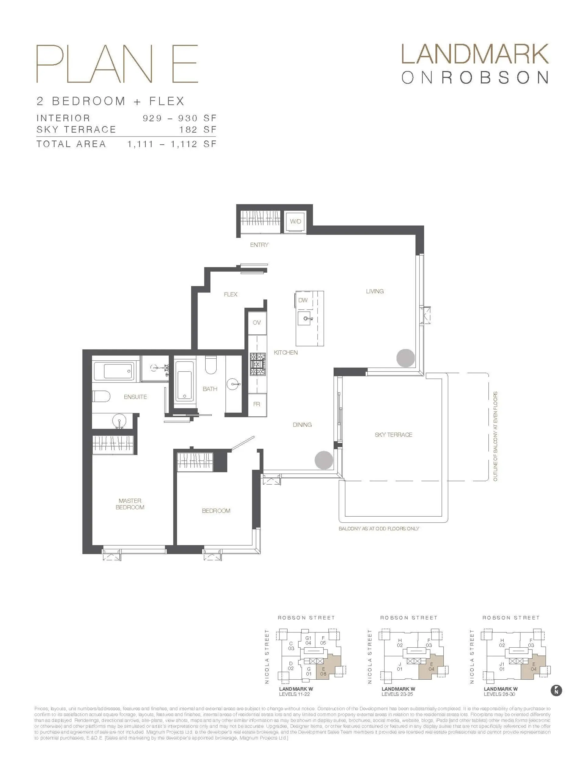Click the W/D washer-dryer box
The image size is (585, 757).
click(296, 221)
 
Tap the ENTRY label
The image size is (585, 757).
click(259, 245)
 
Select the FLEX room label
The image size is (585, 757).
click(230, 294)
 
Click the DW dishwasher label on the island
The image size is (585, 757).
click(303, 300)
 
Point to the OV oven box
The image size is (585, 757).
click(257, 323)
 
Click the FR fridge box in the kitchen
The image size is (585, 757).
click(257, 404)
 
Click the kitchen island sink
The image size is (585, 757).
click(306, 318)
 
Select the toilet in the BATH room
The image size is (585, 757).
click(211, 365)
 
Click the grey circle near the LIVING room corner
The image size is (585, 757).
click(405, 358)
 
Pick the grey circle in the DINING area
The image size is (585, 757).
click(324, 460)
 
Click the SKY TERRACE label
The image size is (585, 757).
click(393, 435)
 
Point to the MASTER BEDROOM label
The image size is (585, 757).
click(130, 504)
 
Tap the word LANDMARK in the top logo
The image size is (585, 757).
click(474, 54)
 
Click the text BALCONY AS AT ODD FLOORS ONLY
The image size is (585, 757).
click(379, 529)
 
